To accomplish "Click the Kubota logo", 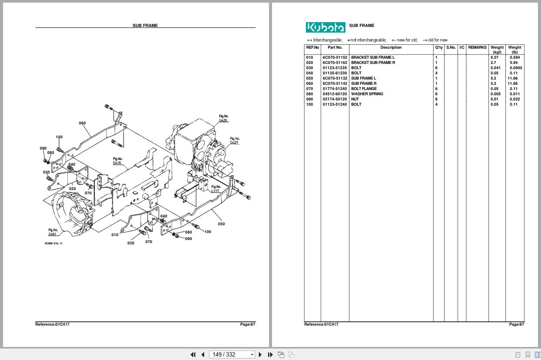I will pos(325,27).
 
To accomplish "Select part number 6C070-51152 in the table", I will pos(335,57).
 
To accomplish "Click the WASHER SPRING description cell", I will pos(367,94).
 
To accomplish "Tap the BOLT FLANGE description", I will pos(364,89).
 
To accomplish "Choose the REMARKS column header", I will pos(477,47).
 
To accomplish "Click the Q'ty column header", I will pos(438,47).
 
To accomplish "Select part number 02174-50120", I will pos(335,99).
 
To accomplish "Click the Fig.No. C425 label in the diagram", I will pos(223,118).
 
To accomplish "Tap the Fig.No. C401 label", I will pos(53,232).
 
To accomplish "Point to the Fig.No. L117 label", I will pos(216,189).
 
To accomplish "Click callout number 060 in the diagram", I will pos(82,123).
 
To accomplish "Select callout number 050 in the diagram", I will pos(221,224).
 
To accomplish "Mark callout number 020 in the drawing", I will pos(72,189).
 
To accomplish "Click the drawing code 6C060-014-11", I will pos(53,243).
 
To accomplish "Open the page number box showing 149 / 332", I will pos(232,354).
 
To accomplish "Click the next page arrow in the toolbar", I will pos(260,354).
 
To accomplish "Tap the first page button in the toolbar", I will pos(193,354).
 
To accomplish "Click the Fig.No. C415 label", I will pos(117,161).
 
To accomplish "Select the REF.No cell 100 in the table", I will pos(309,104).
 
